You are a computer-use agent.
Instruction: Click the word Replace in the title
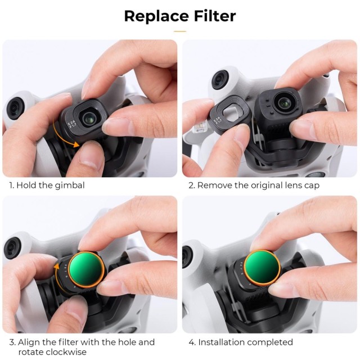coord(156,16)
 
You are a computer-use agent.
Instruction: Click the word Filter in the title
coord(215,16)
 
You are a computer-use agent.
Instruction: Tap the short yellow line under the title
coord(180,31)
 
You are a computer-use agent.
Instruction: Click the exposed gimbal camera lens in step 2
coord(284,102)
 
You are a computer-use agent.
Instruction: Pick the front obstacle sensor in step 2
coord(220,79)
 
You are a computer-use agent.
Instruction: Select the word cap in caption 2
coord(312,186)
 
